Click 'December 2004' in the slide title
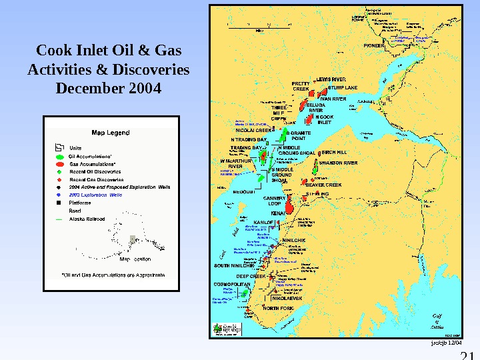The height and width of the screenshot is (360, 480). [x=109, y=87]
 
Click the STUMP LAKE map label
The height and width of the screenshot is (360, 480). [x=343, y=87]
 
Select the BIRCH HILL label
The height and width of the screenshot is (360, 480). [x=334, y=152]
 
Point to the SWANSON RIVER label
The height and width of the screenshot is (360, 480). [x=338, y=163]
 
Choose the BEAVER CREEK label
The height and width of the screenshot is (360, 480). [x=323, y=185]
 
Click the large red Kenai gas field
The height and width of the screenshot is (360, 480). [x=291, y=209]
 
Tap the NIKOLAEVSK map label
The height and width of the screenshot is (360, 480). [x=287, y=298]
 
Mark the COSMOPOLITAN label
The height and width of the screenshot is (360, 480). [x=231, y=284]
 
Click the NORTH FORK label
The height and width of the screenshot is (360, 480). [x=278, y=309]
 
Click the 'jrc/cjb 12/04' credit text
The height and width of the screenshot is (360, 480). [x=447, y=343]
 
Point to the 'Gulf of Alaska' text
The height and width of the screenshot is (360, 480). [x=437, y=321]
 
